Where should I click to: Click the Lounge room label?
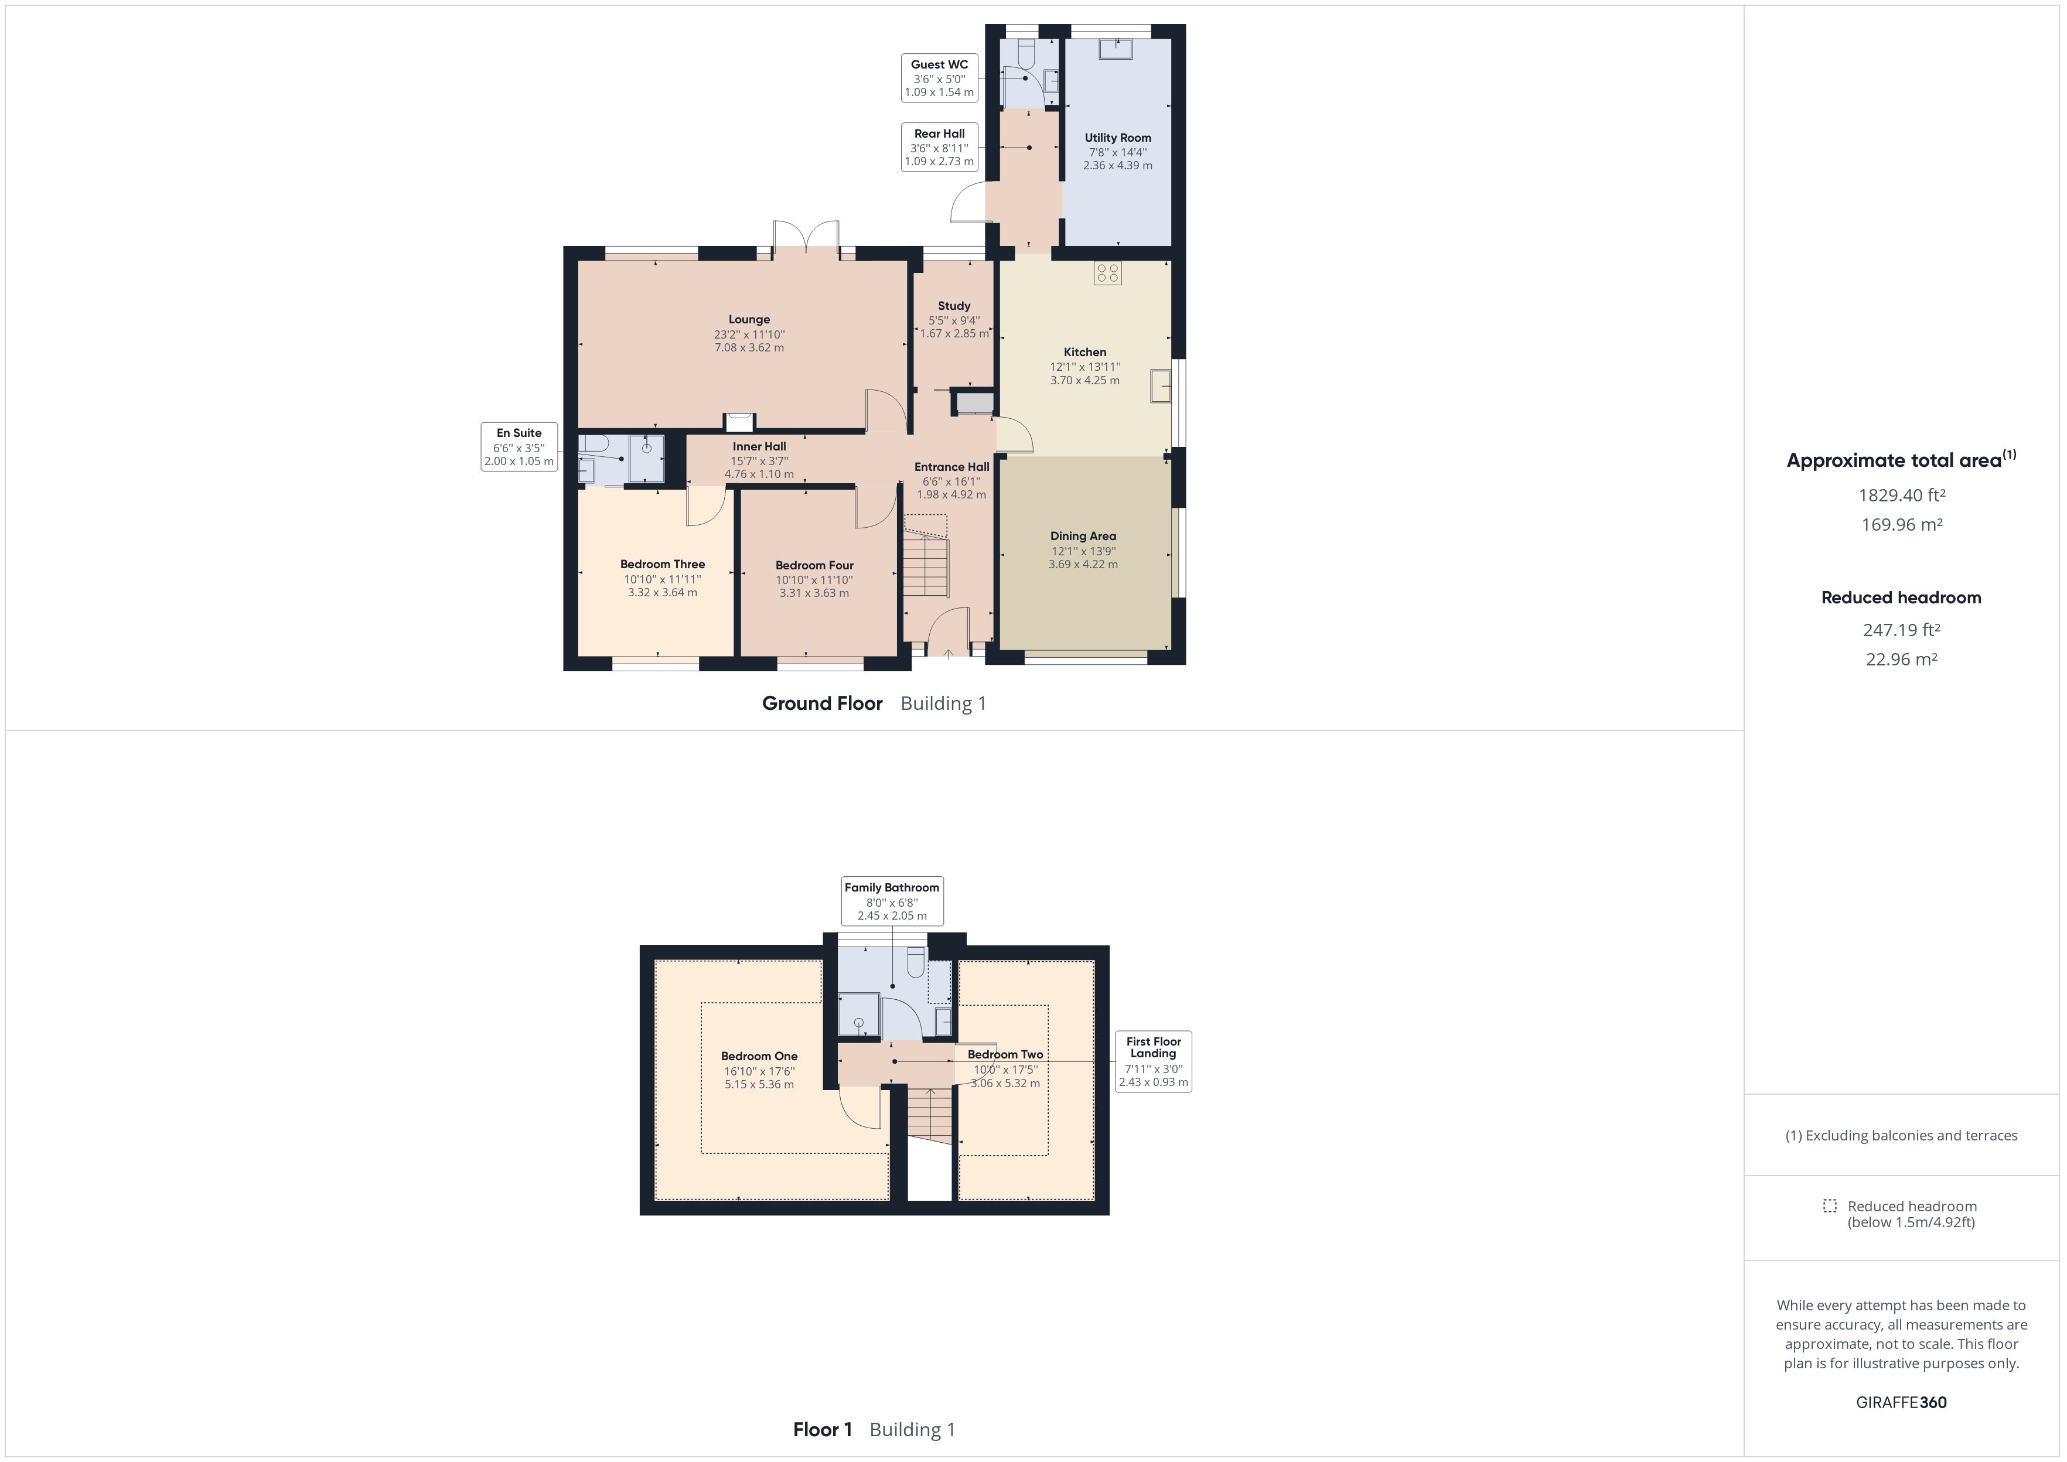tap(749, 320)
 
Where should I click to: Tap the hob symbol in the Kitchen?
tap(1107, 274)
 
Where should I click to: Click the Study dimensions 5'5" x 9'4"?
tap(954, 320)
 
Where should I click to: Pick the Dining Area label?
tap(1083, 535)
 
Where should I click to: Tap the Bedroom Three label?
tap(663, 565)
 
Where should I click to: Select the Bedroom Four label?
tap(815, 565)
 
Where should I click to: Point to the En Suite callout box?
tap(520, 446)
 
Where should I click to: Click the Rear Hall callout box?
tap(939, 148)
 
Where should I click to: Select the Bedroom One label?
tap(759, 1056)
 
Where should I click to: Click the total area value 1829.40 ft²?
tap(1901, 495)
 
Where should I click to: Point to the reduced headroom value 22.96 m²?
tap(1901, 659)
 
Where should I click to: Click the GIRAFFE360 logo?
tap(1901, 1402)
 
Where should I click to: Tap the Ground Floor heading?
tap(822, 703)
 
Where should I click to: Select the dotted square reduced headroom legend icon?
tap(1829, 1205)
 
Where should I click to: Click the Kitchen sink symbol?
tap(1161, 385)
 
